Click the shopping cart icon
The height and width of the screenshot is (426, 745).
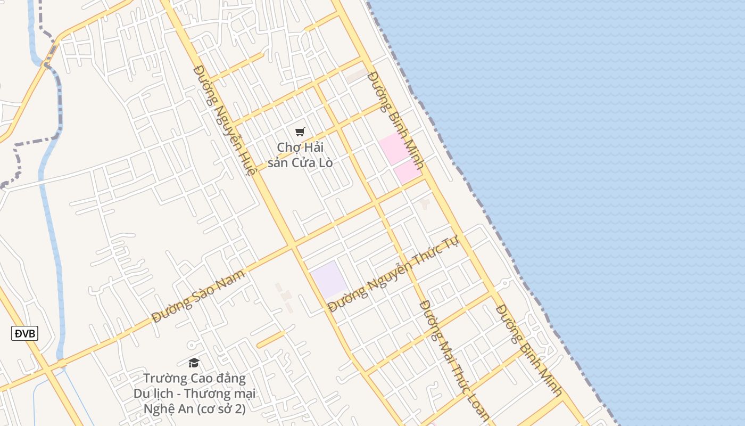click(300, 132)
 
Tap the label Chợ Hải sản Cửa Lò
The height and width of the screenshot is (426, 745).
click(300, 154)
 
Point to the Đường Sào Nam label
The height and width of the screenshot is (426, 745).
click(198, 296)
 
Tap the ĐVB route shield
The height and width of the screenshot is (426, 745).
click(24, 334)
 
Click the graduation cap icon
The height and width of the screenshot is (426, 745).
click(194, 363)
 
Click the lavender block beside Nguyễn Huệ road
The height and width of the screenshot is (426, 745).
click(329, 279)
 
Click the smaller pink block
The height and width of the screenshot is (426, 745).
click(408, 171)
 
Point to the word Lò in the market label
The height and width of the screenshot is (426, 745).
click(325, 162)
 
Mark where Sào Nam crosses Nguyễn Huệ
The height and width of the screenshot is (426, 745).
click(292, 245)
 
